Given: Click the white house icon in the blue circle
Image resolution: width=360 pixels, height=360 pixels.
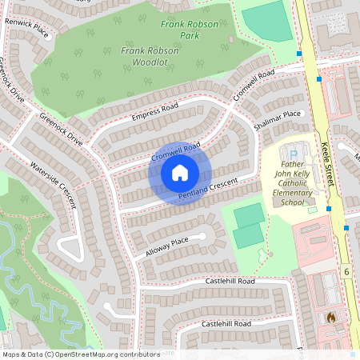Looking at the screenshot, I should pyautogui.click(x=180, y=172).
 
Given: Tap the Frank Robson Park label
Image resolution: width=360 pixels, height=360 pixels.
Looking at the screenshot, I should pyautogui.click(x=190, y=30).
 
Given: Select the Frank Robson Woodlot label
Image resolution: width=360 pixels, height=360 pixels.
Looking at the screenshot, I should pyautogui.click(x=145, y=55).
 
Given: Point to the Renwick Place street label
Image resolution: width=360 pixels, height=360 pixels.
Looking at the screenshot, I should pyautogui.click(x=27, y=30).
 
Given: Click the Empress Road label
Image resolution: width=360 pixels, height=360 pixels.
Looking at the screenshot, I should pyautogui.click(x=153, y=113).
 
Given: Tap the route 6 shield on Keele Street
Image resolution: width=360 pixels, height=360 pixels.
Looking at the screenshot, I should pyautogui.click(x=347, y=272).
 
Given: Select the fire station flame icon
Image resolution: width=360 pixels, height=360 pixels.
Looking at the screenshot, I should pyautogui.click(x=330, y=318).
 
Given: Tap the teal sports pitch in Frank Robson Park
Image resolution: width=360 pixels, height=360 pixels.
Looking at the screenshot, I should pyautogui.click(x=269, y=22).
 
